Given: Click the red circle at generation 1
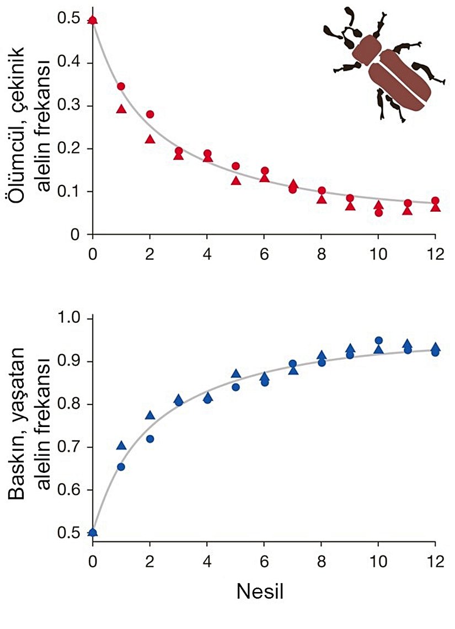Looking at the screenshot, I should (x=121, y=86).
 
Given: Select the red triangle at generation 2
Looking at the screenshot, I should (x=149, y=139).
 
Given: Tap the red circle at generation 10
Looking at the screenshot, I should (x=378, y=212).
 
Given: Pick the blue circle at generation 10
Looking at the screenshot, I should (x=378, y=340).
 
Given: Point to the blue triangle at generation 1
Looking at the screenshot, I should (x=121, y=445).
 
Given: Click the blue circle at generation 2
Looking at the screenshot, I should (x=149, y=439).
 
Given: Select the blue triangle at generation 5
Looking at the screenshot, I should (x=235, y=374).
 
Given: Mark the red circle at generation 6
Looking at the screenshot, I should (x=264, y=170).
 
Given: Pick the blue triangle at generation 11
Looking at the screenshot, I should (x=407, y=344).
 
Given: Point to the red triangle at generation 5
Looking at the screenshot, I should (x=235, y=180).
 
